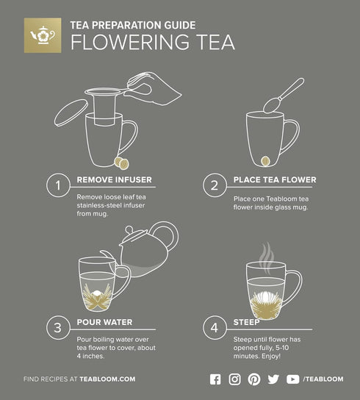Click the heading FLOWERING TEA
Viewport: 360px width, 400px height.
pos(152,42)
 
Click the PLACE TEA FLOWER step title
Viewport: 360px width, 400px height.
pos(275,179)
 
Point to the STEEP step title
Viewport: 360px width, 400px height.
pos(247,322)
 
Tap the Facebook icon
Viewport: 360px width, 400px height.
pos(215,379)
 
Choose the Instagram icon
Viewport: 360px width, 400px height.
pos(235,379)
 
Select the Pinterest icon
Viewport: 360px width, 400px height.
pos(254,379)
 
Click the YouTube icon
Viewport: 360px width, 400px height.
pos(293,379)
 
